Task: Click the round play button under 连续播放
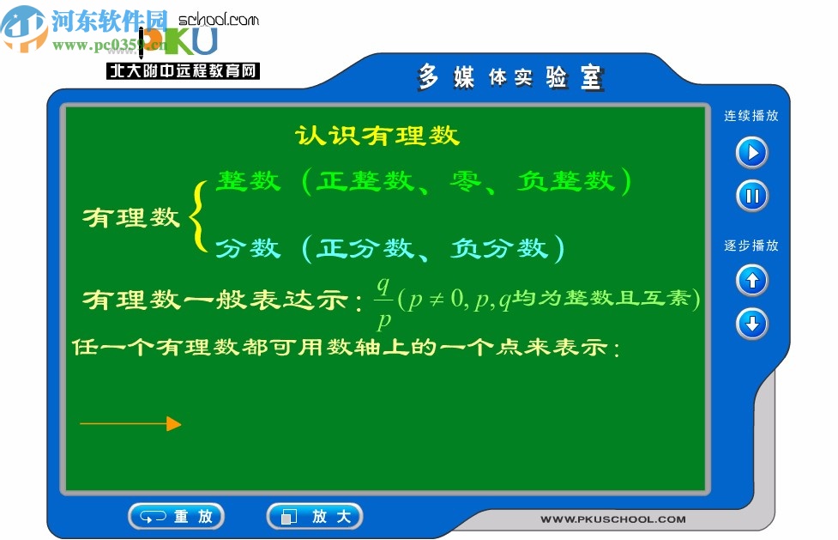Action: (x=752, y=153)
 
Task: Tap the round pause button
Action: (x=752, y=196)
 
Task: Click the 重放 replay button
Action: (x=177, y=516)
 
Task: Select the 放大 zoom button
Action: (x=315, y=516)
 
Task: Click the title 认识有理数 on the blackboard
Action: (x=377, y=136)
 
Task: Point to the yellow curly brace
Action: (x=198, y=216)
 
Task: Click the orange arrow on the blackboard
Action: (x=130, y=423)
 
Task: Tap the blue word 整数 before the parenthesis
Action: (x=248, y=181)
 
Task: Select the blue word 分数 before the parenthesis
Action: (x=248, y=248)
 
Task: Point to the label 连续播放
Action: (x=751, y=116)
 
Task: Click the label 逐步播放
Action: (x=751, y=246)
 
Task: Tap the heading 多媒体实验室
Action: (x=511, y=78)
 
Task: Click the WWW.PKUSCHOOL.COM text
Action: (x=612, y=519)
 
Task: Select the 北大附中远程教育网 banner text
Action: (x=183, y=71)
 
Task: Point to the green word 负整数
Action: (x=567, y=181)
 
